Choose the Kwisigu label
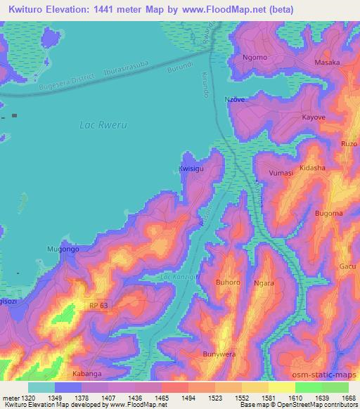191,169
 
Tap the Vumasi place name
281,172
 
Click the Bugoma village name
328,213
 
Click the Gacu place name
347,266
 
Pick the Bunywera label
217,354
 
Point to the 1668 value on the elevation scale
347,398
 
